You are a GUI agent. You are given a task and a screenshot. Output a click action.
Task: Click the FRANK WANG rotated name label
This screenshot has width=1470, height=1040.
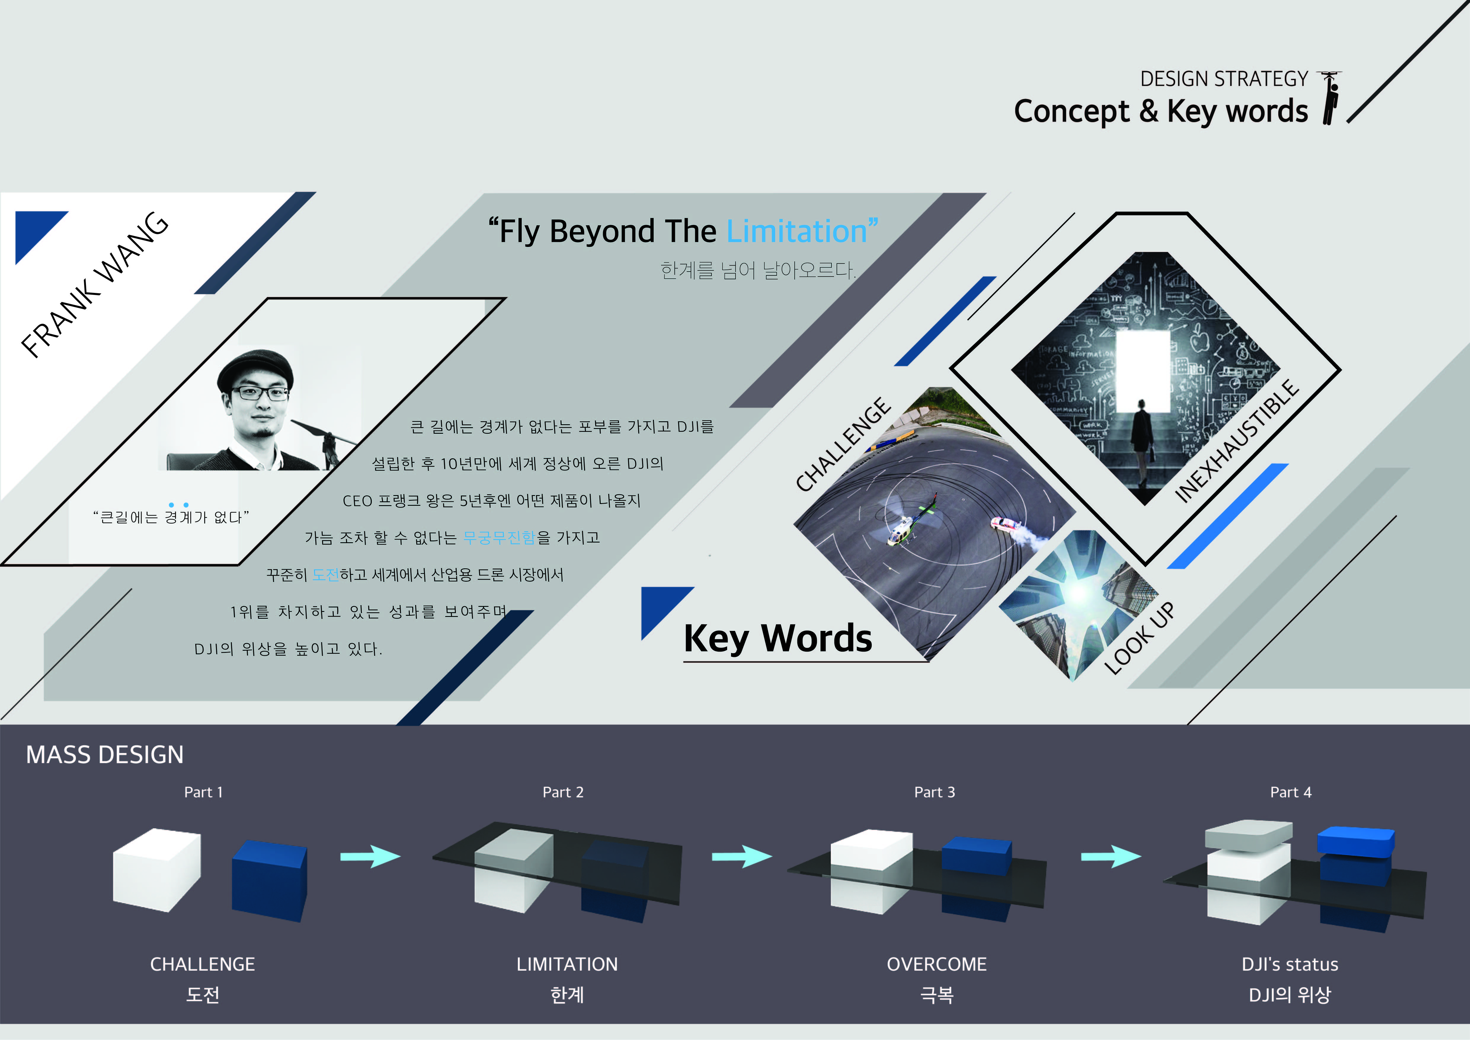95,284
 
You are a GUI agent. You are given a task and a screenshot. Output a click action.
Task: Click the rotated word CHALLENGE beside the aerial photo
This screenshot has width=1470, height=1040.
843,444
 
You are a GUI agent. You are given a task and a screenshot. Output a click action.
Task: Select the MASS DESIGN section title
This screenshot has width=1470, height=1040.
105,755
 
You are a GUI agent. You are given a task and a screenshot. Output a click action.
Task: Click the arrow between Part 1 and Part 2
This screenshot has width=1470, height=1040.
370,856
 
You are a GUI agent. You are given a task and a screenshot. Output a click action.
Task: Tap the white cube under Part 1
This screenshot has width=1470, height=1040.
157,870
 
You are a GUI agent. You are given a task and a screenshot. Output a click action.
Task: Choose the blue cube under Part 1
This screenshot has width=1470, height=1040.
270,881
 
